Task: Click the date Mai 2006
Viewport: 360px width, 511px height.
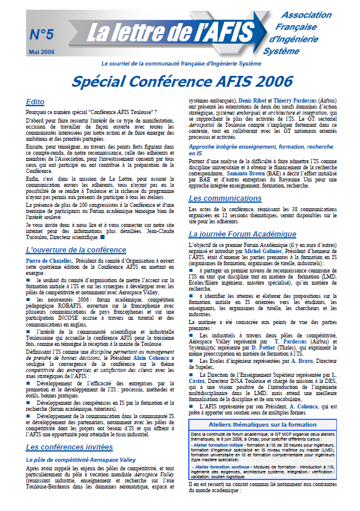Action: pyautogui.click(x=42, y=52)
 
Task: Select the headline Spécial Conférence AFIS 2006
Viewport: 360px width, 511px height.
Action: pyautogui.click(x=180, y=81)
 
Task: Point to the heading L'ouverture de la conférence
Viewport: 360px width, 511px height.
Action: pyautogui.click(x=76, y=249)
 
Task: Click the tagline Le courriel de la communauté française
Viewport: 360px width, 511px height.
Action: pyautogui.click(x=181, y=63)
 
